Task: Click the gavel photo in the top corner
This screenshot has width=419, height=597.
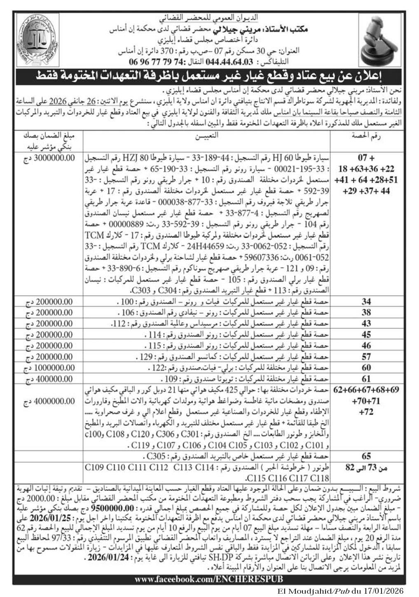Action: click(x=381, y=41)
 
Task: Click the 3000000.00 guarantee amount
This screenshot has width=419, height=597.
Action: click(x=49, y=157)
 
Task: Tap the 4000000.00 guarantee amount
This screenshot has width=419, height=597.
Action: click(x=49, y=400)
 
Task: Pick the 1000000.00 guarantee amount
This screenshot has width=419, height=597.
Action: click(x=49, y=367)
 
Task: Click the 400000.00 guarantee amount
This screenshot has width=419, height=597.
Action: click(x=49, y=378)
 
